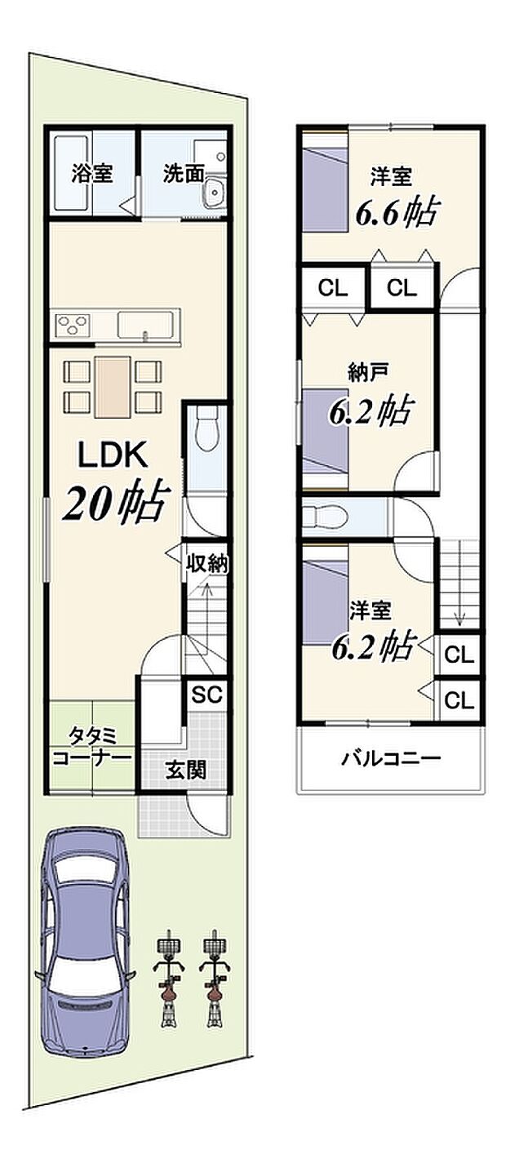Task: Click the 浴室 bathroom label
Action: pos(91,173)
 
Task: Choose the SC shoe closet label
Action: pos(206,695)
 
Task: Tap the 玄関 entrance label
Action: pos(185,770)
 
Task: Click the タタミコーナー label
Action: pos(91,747)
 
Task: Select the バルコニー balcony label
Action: pos(391,758)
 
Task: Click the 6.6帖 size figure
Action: pos(395,211)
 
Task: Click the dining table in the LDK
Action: pos(112,387)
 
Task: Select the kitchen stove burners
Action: pos(73,325)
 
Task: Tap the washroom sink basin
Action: pos(214,195)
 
